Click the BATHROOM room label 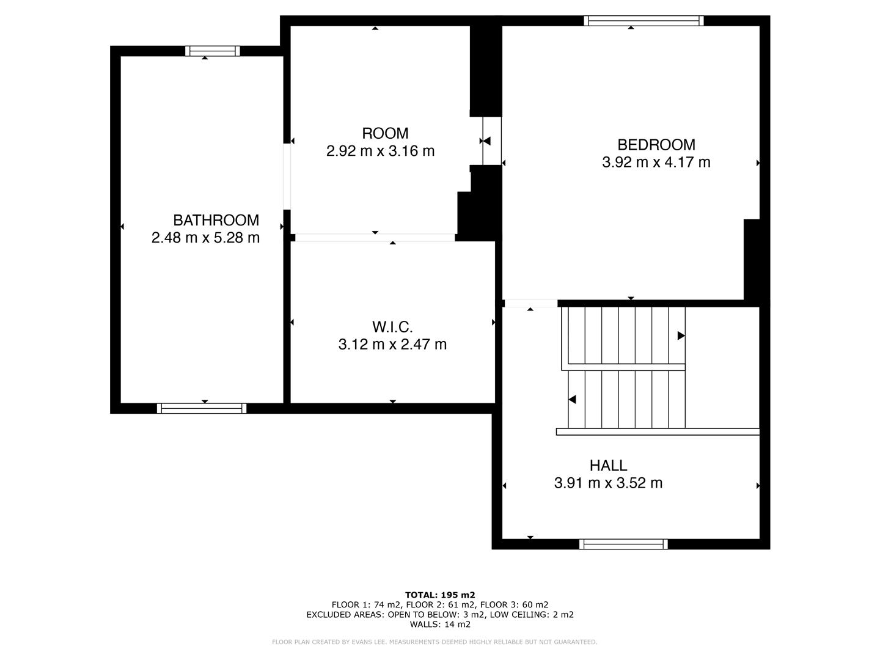(216, 220)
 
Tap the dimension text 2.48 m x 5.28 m (205, 238)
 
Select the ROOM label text (385, 133)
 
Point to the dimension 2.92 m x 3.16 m (380, 151)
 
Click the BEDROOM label (656, 145)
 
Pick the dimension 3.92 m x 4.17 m (656, 163)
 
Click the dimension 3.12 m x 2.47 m (392, 345)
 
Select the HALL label (608, 466)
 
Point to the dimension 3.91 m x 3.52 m (608, 483)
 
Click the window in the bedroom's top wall (643, 21)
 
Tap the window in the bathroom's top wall (213, 51)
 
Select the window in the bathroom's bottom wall (202, 408)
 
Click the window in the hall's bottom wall (623, 544)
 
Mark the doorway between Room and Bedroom (491, 141)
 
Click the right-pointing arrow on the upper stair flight (681, 335)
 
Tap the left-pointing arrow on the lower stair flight (572, 400)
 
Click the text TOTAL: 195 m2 (440, 595)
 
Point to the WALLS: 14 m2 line (440, 625)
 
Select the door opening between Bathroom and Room (287, 177)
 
